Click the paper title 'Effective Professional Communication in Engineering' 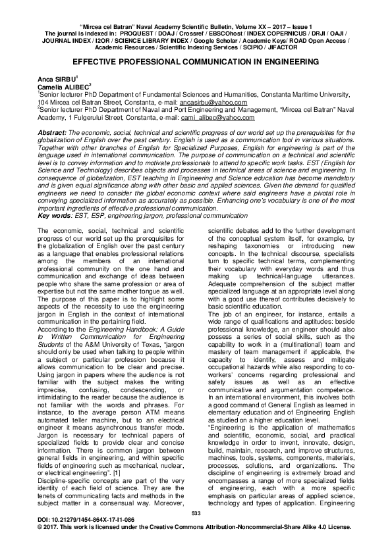196,60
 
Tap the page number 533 195,531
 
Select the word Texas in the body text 149,307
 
